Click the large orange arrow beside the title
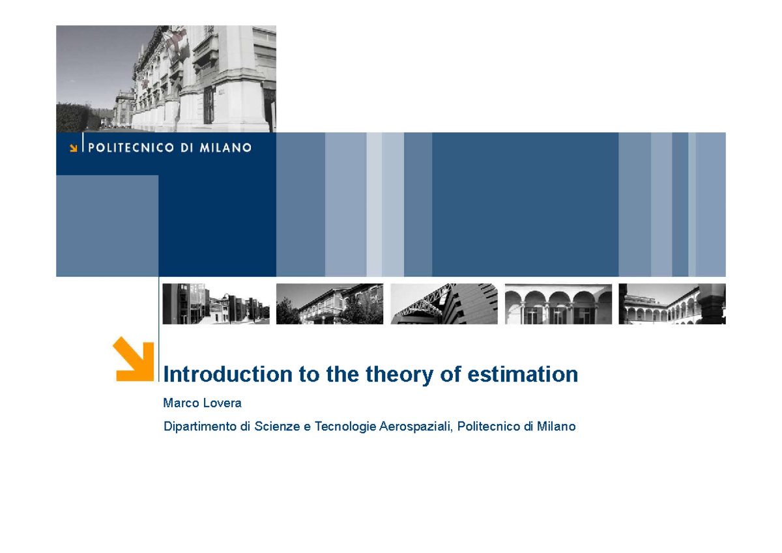tap(134, 359)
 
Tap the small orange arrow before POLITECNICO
tap(74, 148)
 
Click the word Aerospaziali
tap(416, 427)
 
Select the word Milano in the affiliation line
tap(555, 427)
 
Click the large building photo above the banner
tap(166, 78)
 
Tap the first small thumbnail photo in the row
tap(216, 304)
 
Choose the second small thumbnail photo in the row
tap(330, 304)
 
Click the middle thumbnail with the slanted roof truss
tap(444, 304)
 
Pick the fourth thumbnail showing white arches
tap(558, 304)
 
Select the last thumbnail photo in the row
tap(672, 304)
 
